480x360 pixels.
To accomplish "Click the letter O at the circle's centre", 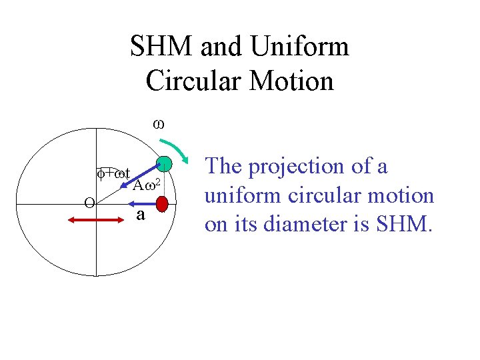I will [x=89, y=203].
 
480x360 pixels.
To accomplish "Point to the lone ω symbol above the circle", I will [x=159, y=123].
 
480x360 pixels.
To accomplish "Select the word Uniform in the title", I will [x=301, y=47].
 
